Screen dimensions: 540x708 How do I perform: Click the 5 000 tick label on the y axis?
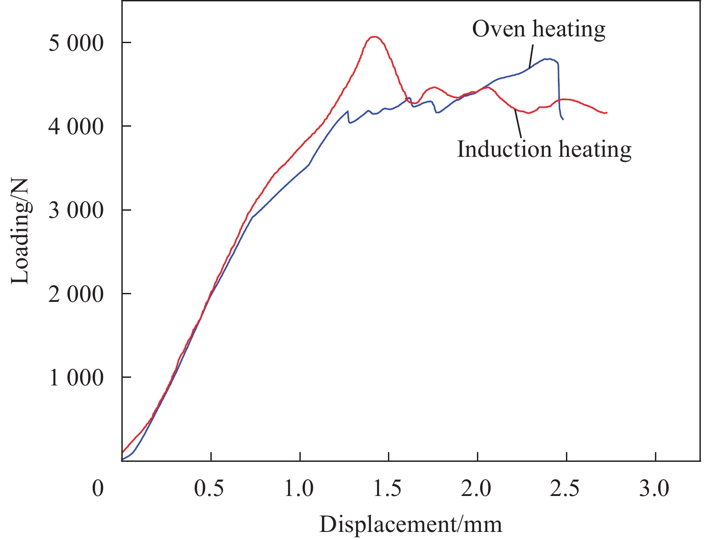click(x=76, y=43)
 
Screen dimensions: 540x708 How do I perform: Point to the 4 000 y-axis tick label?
click(x=76, y=127)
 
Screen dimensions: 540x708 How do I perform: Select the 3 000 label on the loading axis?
click(x=76, y=210)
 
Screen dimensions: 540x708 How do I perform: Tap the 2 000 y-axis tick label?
click(x=76, y=294)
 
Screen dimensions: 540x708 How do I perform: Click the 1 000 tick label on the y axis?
click(x=76, y=378)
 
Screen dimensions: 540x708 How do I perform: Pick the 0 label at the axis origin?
click(x=98, y=488)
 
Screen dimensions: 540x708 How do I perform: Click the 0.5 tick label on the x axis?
click(x=210, y=488)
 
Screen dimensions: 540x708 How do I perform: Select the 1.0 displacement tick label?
click(x=299, y=488)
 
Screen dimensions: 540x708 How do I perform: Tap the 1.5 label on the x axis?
click(x=388, y=488)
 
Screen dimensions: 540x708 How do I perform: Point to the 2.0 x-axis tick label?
click(x=477, y=488)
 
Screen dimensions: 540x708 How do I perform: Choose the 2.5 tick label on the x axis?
click(x=566, y=488)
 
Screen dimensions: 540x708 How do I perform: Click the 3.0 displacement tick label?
click(x=655, y=488)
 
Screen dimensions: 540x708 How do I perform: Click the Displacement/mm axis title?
click(x=410, y=524)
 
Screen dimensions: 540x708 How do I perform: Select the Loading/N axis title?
click(x=21, y=231)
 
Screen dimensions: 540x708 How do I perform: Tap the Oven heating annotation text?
click(x=539, y=29)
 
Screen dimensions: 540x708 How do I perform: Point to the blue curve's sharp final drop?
click(x=559, y=90)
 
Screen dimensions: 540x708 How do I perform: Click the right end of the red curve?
click(x=606, y=112)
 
